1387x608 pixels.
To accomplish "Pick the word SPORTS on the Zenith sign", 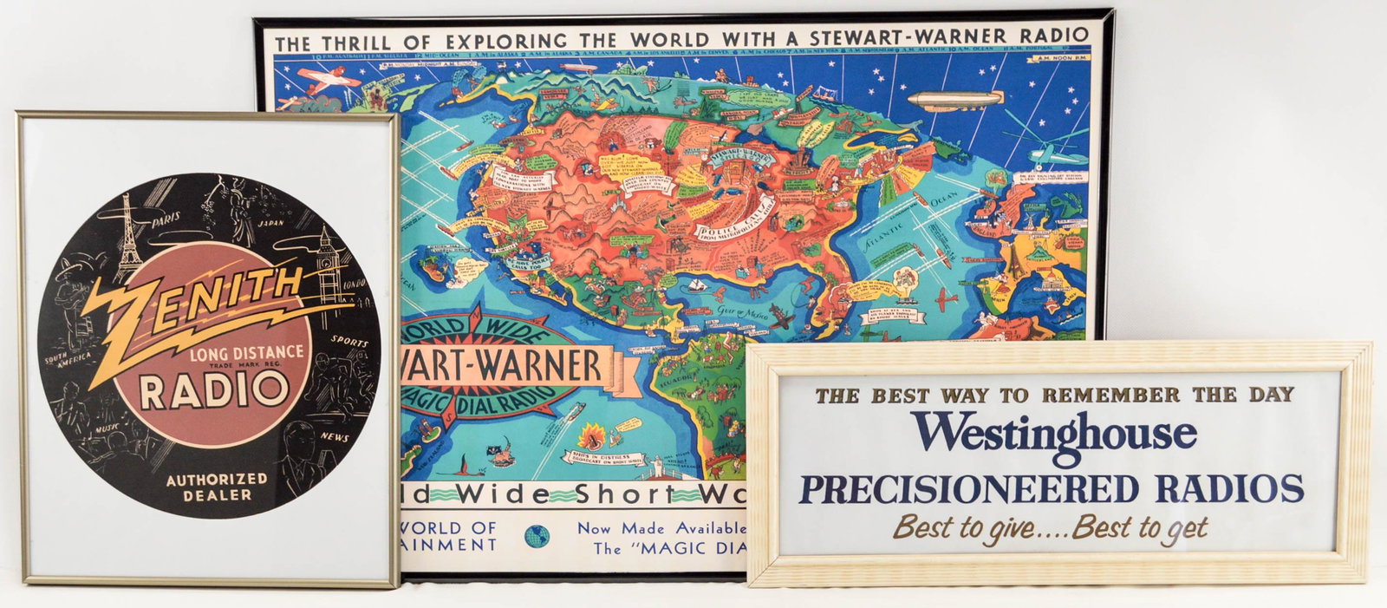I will pos(349,341).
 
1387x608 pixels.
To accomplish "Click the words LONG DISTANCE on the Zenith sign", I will pos(247,352).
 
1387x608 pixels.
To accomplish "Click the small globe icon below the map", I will pos(537,535).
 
